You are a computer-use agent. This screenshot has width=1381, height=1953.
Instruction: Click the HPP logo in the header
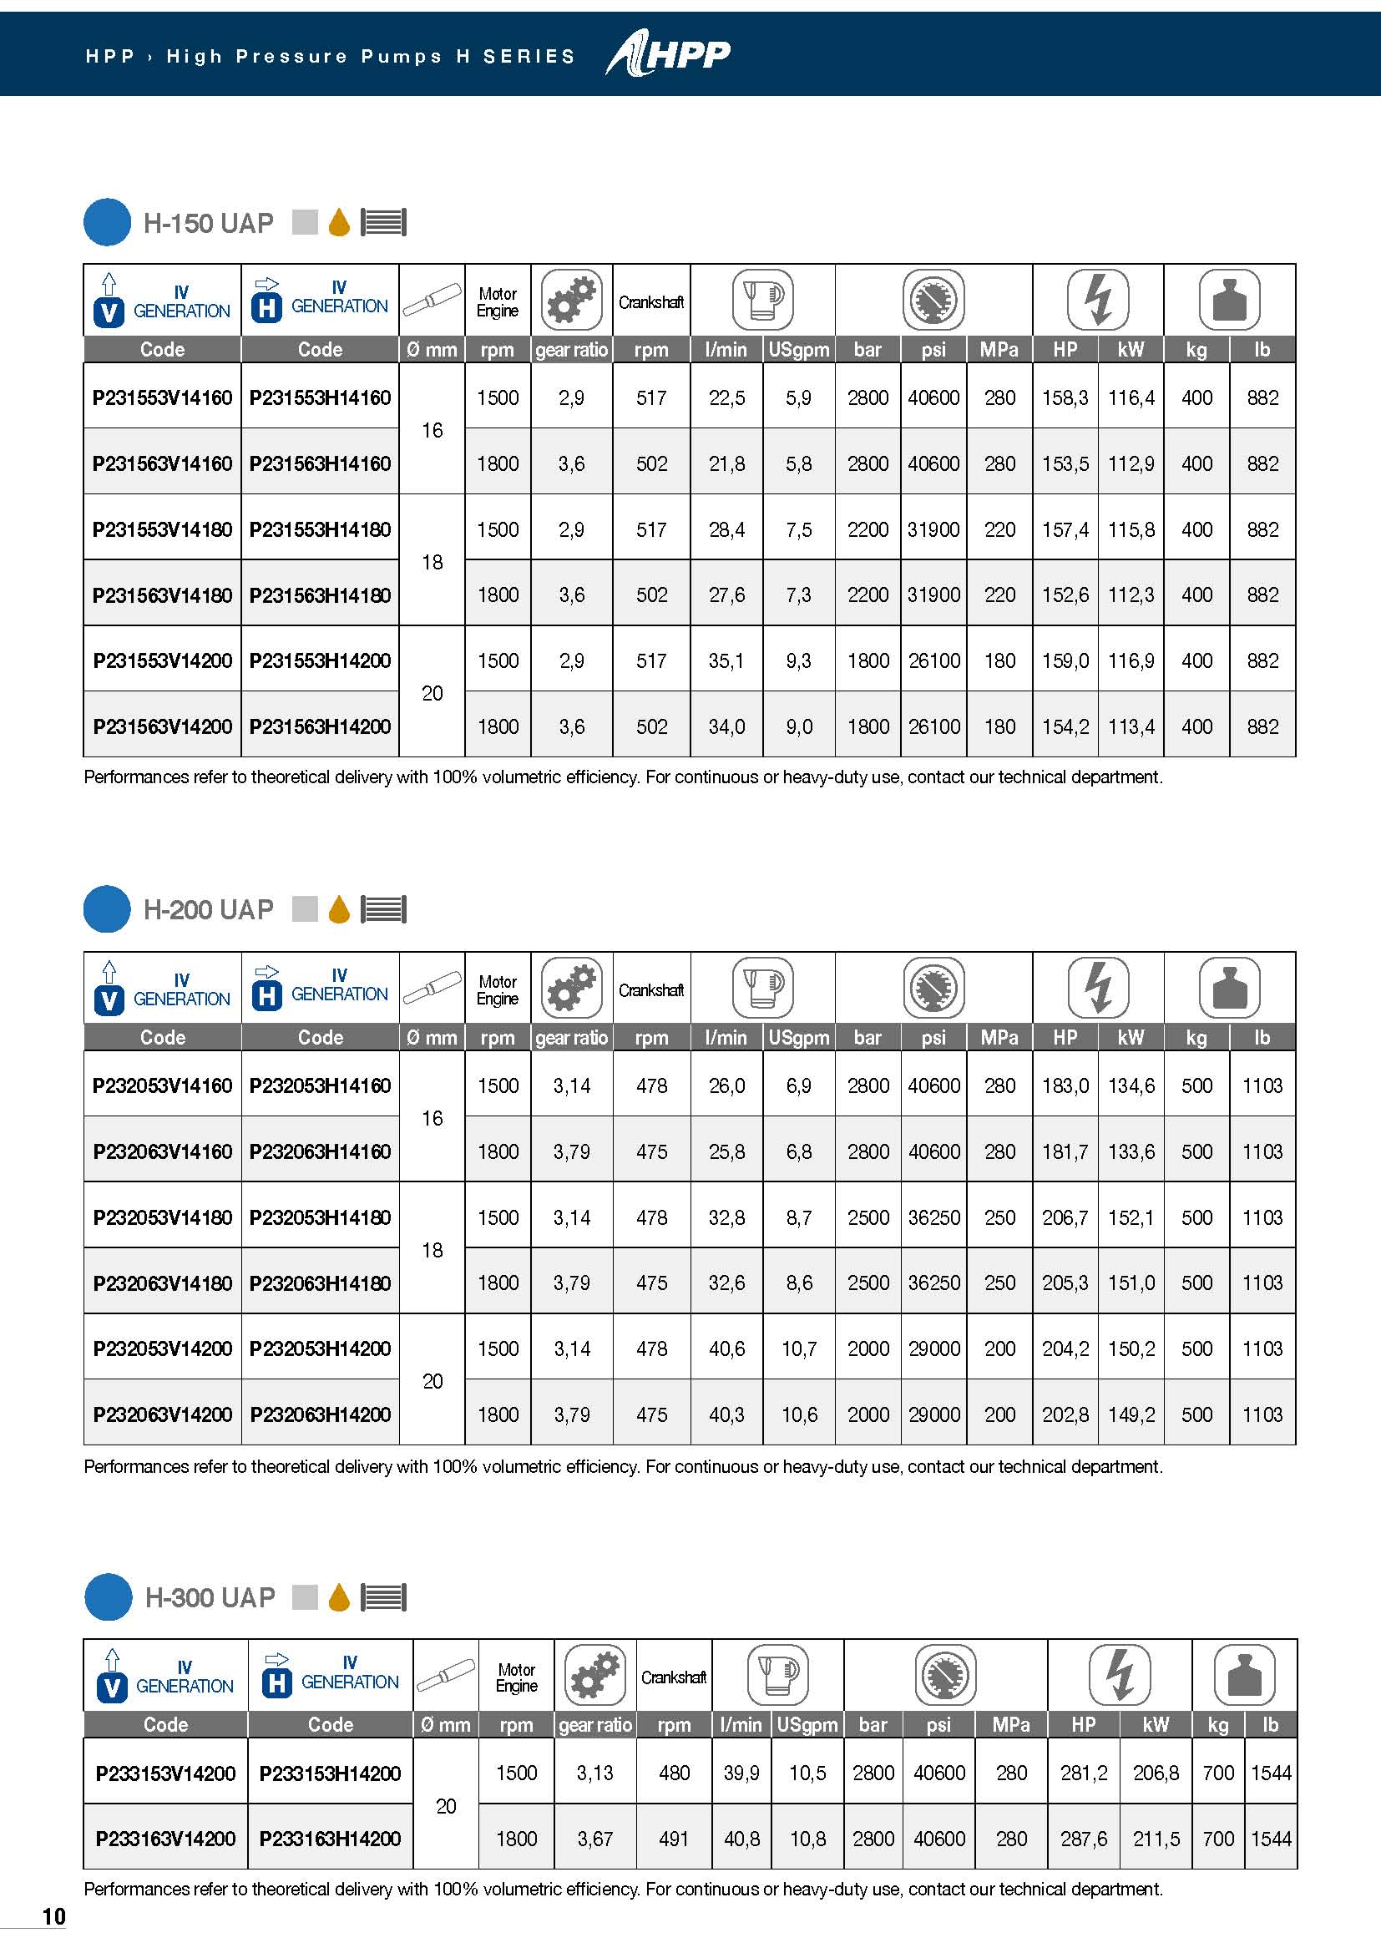pyautogui.click(x=669, y=54)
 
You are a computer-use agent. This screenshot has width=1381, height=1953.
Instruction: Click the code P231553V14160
pyautogui.click(x=162, y=397)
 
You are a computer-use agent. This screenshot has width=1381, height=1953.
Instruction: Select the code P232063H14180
pyautogui.click(x=320, y=1283)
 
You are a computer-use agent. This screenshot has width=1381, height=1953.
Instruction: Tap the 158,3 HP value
pyautogui.click(x=1065, y=397)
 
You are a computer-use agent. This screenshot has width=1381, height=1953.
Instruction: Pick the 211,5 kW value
pyautogui.click(x=1156, y=1839)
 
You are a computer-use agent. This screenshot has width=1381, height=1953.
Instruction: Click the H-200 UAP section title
pyautogui.click(x=209, y=909)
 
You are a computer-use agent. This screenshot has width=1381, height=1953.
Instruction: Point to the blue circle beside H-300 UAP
pyautogui.click(x=108, y=1597)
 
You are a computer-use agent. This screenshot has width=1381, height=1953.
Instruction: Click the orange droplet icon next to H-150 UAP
pyautogui.click(x=339, y=222)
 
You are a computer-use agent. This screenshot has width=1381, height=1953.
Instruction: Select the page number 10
pyautogui.click(x=53, y=1916)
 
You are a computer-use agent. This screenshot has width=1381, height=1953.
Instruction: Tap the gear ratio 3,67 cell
pyautogui.click(x=594, y=1839)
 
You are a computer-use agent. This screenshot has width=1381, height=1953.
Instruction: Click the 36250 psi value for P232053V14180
pyautogui.click(x=933, y=1217)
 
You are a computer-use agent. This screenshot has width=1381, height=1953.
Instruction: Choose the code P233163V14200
pyautogui.click(x=165, y=1839)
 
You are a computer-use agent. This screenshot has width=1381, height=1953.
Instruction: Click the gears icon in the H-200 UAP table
pyautogui.click(x=571, y=988)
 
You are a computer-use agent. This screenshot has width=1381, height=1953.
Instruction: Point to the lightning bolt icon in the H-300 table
pyautogui.click(x=1119, y=1675)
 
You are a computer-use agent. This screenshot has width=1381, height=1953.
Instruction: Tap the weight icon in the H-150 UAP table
pyautogui.click(x=1229, y=300)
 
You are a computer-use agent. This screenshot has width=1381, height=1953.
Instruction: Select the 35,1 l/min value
pyautogui.click(x=726, y=661)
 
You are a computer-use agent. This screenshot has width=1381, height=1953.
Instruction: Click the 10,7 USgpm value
pyautogui.click(x=798, y=1348)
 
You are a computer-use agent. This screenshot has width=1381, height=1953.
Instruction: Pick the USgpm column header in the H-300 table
pyautogui.click(x=807, y=1724)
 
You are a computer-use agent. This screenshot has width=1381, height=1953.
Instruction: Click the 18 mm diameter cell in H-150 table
pyautogui.click(x=432, y=562)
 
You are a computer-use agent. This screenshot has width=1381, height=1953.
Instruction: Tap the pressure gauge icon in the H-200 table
pyautogui.click(x=933, y=988)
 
